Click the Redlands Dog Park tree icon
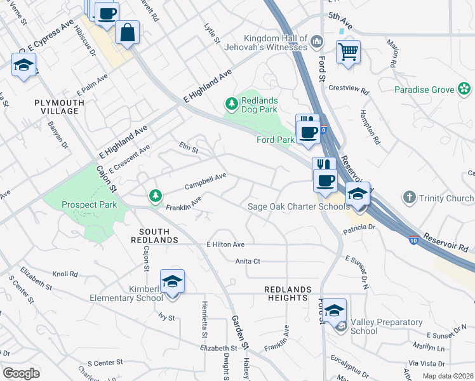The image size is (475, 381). point(232,103)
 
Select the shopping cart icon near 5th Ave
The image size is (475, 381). point(348,51)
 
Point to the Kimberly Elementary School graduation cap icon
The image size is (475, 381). point(172,281)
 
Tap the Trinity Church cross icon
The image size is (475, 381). point(410,198)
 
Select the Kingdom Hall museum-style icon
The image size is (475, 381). point(318,43)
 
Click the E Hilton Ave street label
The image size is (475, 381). point(225,244)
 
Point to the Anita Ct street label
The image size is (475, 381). point(248,261)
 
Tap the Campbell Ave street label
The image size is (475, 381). point(205,182)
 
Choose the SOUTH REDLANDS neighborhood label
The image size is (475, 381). point(154,236)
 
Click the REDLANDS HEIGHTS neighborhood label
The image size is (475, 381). point(288,293)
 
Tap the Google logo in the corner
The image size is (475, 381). point(21,373)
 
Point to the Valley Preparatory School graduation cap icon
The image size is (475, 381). point(335,310)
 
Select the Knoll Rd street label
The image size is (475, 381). point(65,274)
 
